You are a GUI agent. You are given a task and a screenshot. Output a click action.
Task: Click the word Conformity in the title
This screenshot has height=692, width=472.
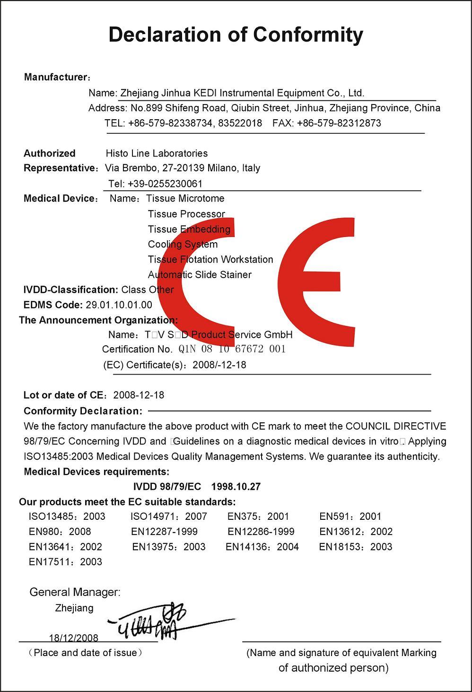[308, 35]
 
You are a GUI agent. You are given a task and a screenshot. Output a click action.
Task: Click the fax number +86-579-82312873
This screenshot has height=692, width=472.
[339, 123]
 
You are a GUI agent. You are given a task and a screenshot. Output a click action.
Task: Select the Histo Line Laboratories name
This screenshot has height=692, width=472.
[157, 153]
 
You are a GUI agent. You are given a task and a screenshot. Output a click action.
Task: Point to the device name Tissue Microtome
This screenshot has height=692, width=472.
[185, 199]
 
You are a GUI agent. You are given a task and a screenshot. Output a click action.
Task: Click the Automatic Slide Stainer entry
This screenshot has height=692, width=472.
[200, 275]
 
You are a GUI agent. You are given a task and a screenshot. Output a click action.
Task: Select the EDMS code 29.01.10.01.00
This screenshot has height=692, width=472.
[119, 305]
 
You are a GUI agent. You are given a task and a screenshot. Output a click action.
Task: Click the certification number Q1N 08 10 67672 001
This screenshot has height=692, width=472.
[232, 350]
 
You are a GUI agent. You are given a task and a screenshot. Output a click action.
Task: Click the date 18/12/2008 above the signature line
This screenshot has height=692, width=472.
[73, 638]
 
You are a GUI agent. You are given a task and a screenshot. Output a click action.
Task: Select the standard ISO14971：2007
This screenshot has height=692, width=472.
[168, 517]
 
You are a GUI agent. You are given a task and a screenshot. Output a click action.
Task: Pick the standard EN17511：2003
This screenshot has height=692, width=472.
[65, 562]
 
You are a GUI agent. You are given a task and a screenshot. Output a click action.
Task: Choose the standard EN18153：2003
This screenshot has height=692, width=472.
[356, 547]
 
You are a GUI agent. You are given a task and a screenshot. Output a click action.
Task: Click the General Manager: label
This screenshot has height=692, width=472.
[75, 592]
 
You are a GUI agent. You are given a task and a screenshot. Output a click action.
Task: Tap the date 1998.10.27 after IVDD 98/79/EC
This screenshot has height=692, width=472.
[236, 487]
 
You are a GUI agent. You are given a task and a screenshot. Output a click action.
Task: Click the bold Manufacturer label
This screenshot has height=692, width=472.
[55, 77]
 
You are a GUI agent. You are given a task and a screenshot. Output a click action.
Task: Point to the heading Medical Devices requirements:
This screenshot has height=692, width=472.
[96, 472]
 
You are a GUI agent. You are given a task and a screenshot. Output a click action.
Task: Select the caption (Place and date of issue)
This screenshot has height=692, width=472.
[85, 653]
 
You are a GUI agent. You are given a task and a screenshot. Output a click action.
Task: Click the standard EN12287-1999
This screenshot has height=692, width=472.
[165, 532]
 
